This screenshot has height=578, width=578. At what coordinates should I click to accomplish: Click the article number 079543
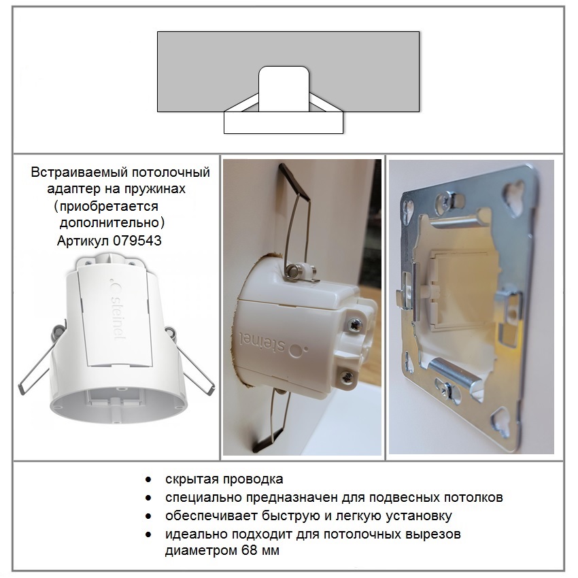[137, 241]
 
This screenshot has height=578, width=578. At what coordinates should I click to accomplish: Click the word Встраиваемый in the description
[79, 172]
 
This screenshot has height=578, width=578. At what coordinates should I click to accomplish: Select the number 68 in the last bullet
[250, 550]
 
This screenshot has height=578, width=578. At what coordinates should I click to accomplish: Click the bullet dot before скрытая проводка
[148, 479]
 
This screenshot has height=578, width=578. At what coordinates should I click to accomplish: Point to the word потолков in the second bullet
[473, 497]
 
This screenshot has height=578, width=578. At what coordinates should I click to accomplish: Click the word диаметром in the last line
[201, 550]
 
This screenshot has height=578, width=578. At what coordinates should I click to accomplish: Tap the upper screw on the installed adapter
[355, 325]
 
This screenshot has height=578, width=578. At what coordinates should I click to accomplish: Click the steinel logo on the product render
[117, 310]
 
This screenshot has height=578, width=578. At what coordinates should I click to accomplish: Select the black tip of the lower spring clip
[267, 441]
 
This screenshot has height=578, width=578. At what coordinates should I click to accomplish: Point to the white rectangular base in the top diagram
[284, 123]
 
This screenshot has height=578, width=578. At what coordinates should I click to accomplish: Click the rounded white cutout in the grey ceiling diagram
[284, 89]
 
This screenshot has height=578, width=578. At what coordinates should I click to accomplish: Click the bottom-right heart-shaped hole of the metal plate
[502, 421]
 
